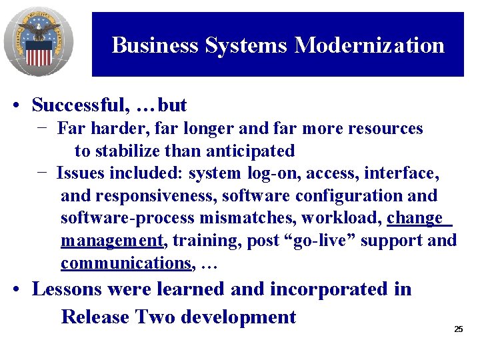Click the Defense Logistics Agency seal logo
tap(38, 41)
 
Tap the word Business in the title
tap(155, 45)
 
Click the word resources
tap(383, 128)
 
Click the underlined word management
tap(111, 241)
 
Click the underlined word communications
tap(125, 263)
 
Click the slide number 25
tap(458, 329)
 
